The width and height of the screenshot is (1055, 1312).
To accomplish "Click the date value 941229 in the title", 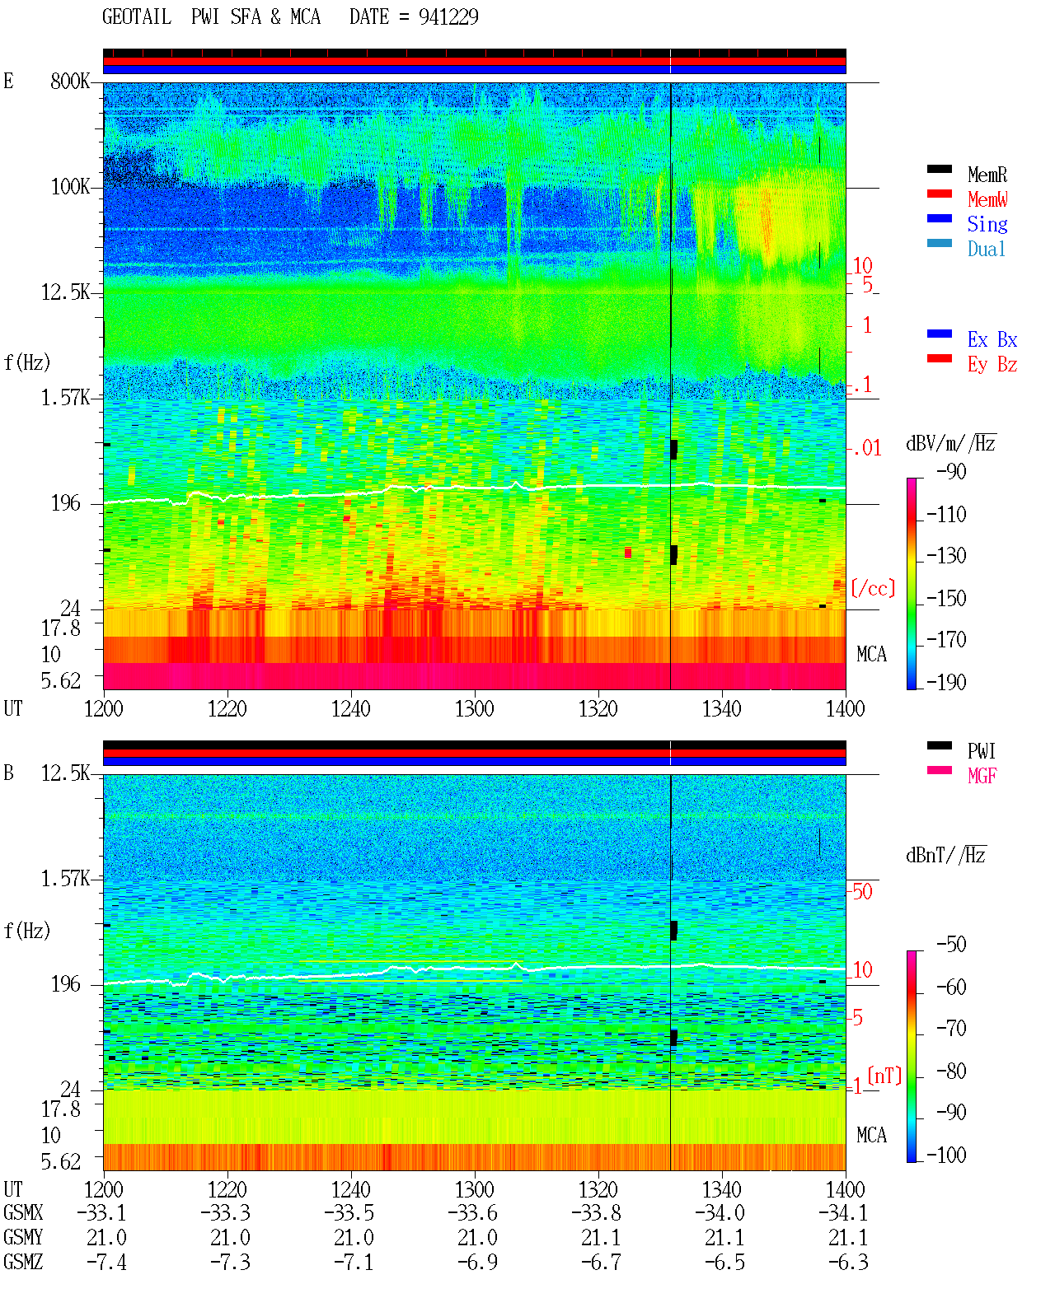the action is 448,17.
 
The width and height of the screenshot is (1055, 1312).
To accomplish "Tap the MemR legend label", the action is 987,175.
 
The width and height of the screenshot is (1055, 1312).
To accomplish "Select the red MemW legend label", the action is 987,199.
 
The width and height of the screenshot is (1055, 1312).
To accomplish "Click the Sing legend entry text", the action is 987,224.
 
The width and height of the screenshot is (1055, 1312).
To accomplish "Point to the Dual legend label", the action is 986,249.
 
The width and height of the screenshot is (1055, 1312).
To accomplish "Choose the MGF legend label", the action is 982,776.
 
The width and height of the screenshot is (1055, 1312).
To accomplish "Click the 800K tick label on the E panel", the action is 70,81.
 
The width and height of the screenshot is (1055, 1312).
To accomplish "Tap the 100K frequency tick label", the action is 70,187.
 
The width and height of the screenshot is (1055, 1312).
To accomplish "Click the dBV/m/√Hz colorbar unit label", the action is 950,443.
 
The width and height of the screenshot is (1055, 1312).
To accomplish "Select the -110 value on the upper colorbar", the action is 946,515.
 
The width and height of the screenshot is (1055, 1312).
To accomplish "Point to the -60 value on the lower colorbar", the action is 951,987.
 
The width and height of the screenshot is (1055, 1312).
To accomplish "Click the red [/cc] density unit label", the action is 873,588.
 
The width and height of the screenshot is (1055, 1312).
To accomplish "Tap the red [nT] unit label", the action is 884,1075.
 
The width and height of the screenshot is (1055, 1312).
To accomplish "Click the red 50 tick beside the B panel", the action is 862,891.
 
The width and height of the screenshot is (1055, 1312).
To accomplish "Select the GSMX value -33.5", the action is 349,1212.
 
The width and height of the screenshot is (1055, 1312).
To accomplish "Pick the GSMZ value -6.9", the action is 478,1262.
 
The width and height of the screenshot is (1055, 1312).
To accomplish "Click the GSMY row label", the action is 23,1237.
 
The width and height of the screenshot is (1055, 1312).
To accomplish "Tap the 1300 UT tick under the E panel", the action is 474,708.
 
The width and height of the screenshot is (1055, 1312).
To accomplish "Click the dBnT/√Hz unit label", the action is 946,856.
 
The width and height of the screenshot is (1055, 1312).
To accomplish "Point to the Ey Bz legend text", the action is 992,364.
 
